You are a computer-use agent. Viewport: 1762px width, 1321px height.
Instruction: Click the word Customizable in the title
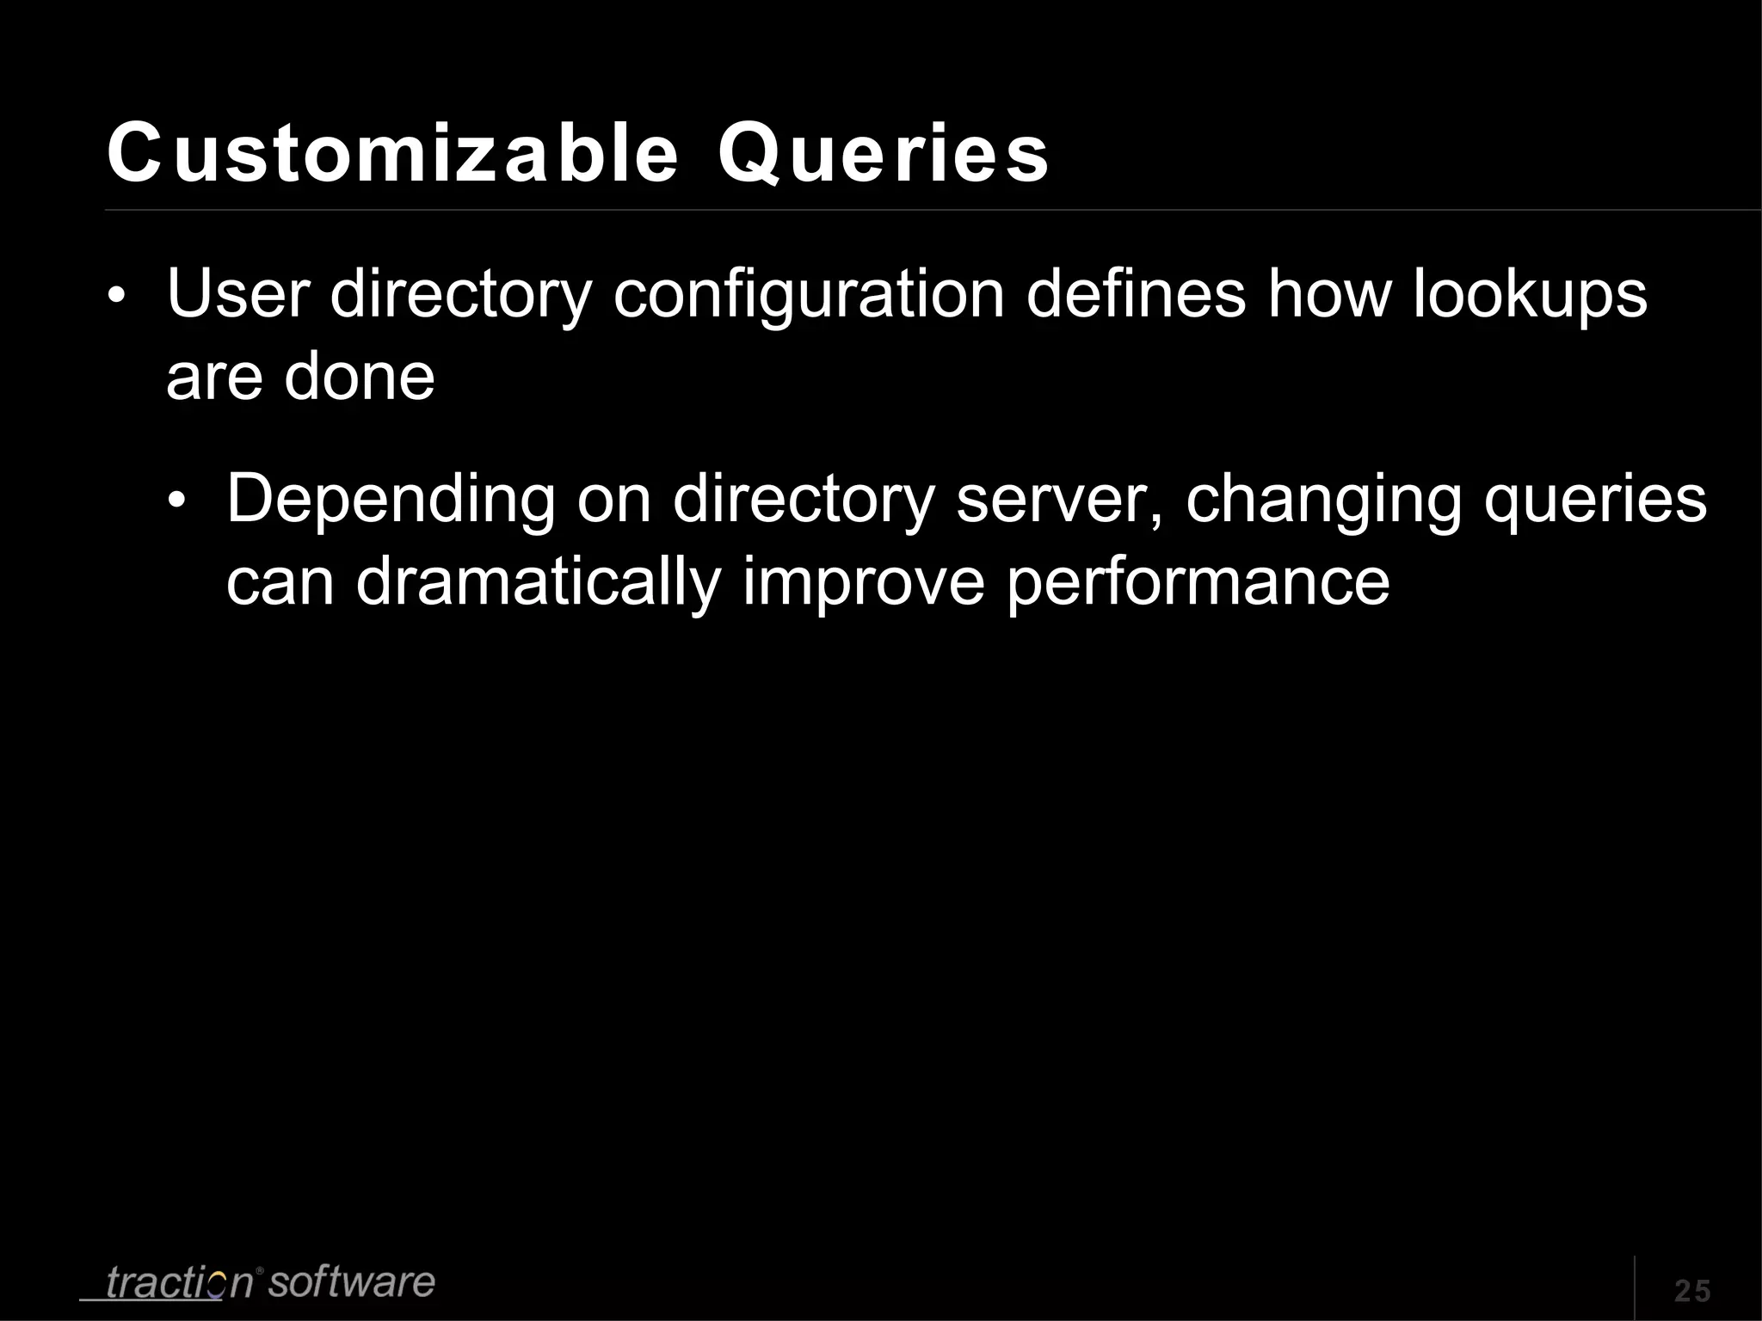tap(392, 154)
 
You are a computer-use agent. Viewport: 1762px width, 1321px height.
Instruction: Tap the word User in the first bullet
tap(237, 294)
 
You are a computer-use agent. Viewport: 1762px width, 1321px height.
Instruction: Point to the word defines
tap(1136, 294)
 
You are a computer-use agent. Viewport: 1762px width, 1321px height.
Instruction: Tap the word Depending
tap(391, 501)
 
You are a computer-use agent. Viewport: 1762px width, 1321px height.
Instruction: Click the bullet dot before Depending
tap(176, 505)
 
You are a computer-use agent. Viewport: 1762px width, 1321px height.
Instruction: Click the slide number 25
tap(1692, 1291)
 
